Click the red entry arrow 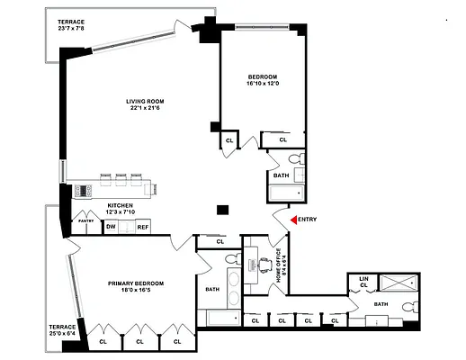pos(291,220)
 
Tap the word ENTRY pos(306,220)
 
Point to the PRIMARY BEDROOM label pos(133,283)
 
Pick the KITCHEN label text pos(121,205)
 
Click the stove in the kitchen pos(83,190)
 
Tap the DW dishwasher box pos(111,227)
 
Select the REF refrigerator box pos(142,227)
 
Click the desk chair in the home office pos(264,265)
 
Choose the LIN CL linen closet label pos(363,282)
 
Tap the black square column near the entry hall pos(222,211)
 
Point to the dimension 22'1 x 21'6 pos(144,109)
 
